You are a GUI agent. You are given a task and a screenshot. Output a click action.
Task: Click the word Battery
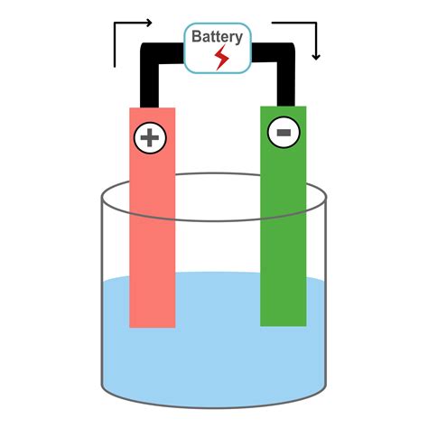[x=217, y=37]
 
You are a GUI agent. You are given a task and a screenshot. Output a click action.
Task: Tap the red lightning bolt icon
[x=221, y=58]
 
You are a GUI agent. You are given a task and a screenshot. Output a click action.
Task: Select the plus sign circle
[x=150, y=138]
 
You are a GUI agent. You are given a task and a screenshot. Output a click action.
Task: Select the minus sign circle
[x=284, y=133]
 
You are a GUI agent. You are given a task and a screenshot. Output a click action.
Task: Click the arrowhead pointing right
[x=149, y=23]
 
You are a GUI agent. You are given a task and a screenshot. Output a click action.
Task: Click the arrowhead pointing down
[x=316, y=57]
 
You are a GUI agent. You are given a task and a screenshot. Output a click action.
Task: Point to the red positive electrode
[x=153, y=218]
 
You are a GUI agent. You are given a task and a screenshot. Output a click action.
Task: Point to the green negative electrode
[x=284, y=216]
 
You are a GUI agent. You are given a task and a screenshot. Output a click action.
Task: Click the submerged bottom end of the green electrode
[x=284, y=324]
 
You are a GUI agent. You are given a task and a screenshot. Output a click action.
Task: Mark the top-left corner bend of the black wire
[x=148, y=51]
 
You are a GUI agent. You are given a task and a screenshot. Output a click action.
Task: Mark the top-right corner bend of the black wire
[x=286, y=51]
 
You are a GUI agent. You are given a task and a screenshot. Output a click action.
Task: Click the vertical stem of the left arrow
[x=115, y=45]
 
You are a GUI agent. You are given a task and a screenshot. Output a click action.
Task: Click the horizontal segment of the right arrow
[x=294, y=23]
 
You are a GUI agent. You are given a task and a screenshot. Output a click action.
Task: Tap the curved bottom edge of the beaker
[x=214, y=407]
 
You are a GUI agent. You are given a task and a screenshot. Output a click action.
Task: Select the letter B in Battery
[x=196, y=36]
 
